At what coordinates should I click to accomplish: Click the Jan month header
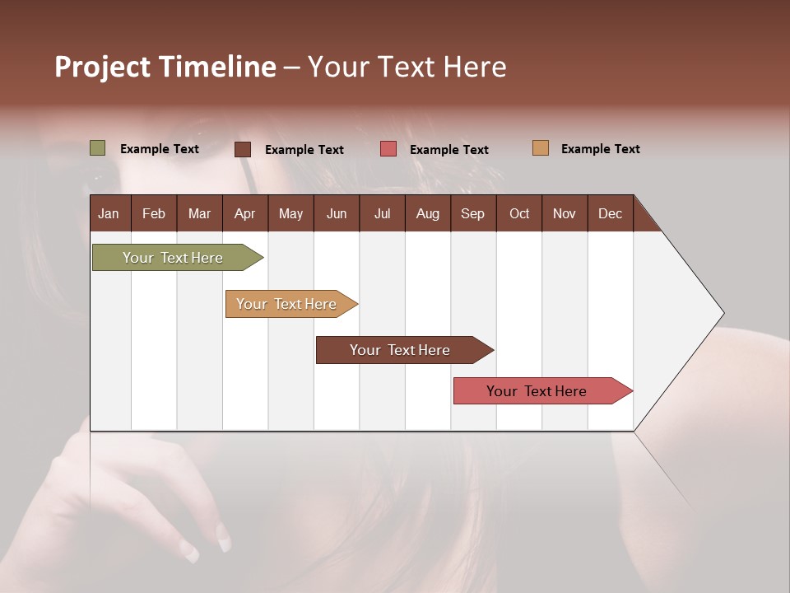click(x=109, y=213)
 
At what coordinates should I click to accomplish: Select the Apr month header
click(x=244, y=213)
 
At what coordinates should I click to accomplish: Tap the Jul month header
click(x=382, y=213)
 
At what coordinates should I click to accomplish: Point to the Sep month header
click(x=472, y=213)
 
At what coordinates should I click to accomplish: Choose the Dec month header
click(x=610, y=213)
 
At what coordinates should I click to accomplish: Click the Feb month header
click(x=154, y=213)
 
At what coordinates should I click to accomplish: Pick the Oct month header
click(x=519, y=213)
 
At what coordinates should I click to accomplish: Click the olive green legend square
click(x=98, y=148)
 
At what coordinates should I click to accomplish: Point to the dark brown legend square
click(x=243, y=149)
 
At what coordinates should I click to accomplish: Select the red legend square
click(x=388, y=148)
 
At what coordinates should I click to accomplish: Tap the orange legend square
click(x=541, y=148)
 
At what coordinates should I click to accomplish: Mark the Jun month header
click(x=337, y=213)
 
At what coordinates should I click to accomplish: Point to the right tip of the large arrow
click(x=722, y=313)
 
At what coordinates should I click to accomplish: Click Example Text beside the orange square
click(x=600, y=149)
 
